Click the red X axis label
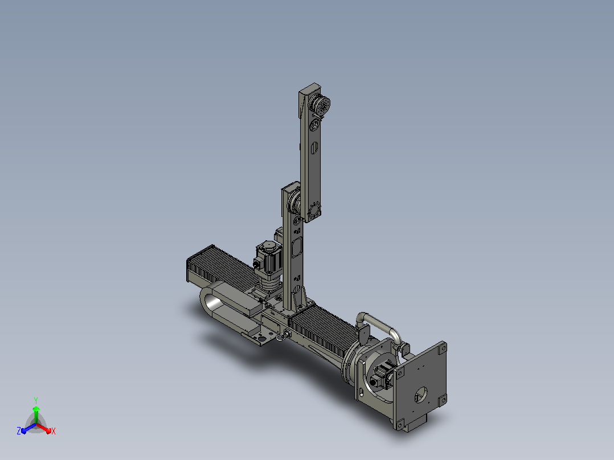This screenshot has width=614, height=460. coord(54,431)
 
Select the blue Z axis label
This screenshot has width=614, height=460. coord(18,430)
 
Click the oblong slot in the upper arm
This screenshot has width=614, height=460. coord(314,149)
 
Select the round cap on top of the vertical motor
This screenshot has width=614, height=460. coord(268,247)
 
